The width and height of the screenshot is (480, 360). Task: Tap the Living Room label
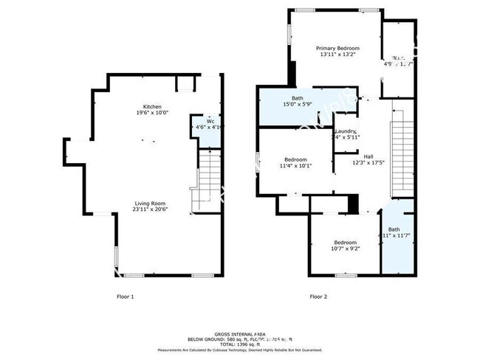149,203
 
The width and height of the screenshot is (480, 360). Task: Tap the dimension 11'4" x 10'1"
295,166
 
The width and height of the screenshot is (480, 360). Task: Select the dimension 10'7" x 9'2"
345,249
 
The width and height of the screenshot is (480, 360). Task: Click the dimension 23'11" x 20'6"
149,210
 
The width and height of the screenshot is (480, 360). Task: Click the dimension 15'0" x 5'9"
298,105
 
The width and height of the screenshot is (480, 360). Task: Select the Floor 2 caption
319,297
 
